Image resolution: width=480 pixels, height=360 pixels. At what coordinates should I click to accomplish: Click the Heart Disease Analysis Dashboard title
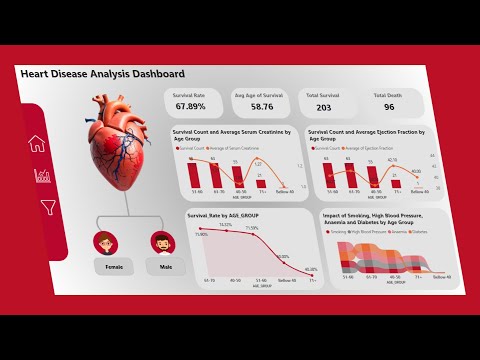click(x=103, y=74)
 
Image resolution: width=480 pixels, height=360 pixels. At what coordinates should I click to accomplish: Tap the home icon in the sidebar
click(x=38, y=143)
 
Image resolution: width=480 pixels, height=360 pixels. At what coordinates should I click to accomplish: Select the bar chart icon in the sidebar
click(x=42, y=176)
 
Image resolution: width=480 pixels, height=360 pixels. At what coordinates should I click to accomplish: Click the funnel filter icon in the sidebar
click(x=47, y=207)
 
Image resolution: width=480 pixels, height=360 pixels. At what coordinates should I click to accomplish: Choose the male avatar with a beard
click(x=162, y=242)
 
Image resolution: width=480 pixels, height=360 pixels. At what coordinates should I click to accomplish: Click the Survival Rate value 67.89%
click(x=190, y=105)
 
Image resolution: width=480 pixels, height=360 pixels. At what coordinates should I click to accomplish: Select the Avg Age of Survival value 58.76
click(x=253, y=105)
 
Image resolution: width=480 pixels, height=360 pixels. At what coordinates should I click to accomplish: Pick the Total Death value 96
click(x=388, y=106)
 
